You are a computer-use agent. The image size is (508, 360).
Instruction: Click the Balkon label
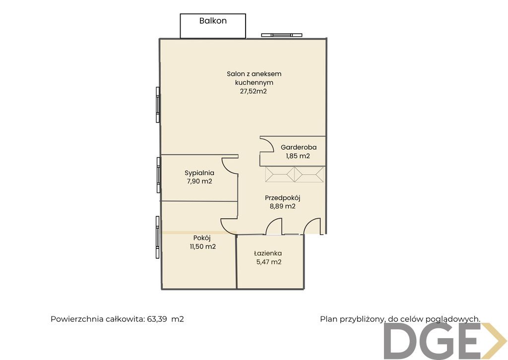point(213,21)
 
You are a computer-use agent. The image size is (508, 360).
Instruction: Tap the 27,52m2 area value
point(254,91)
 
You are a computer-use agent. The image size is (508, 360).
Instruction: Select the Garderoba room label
point(299,147)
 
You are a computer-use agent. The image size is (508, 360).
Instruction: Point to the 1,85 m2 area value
point(298,156)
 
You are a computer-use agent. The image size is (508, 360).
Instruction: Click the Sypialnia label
point(199,173)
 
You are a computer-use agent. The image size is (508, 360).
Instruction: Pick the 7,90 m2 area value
point(199,181)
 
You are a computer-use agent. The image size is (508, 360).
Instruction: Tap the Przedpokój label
point(283,198)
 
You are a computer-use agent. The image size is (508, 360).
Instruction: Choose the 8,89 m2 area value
point(283,206)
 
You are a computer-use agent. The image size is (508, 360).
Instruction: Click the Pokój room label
point(202,238)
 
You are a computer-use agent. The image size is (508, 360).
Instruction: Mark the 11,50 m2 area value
point(203,246)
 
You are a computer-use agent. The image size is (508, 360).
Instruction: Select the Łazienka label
point(268,253)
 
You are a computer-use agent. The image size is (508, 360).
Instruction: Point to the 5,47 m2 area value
point(269,262)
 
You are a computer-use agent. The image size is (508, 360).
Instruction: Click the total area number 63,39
point(157,319)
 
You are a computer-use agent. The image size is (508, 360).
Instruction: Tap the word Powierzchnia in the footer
point(77,319)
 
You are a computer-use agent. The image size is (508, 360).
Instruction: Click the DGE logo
point(445,341)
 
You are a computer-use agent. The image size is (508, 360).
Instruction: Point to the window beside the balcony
point(282,35)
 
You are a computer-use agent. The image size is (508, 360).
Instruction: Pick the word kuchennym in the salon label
point(254,82)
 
